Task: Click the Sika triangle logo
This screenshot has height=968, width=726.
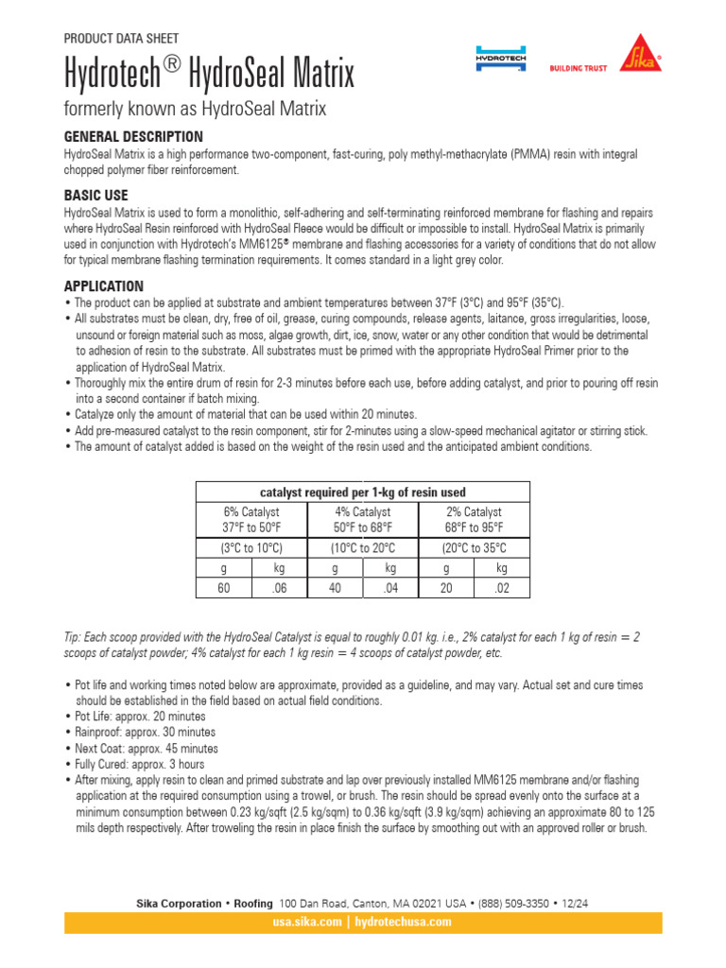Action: click(639, 53)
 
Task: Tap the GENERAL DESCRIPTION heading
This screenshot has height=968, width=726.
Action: click(132, 137)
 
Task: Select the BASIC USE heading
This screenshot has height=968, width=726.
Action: click(95, 196)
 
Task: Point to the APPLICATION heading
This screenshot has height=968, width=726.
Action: click(104, 286)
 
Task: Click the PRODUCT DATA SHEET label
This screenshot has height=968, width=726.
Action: click(121, 39)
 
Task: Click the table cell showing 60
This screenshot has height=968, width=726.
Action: click(223, 587)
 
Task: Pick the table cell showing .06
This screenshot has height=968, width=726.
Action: click(279, 587)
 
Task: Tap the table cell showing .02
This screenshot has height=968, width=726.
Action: click(502, 587)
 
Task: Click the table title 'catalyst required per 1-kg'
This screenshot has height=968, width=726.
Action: click(363, 492)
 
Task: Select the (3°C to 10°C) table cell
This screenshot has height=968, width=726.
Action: click(251, 548)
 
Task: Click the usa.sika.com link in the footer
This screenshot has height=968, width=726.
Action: click(306, 922)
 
